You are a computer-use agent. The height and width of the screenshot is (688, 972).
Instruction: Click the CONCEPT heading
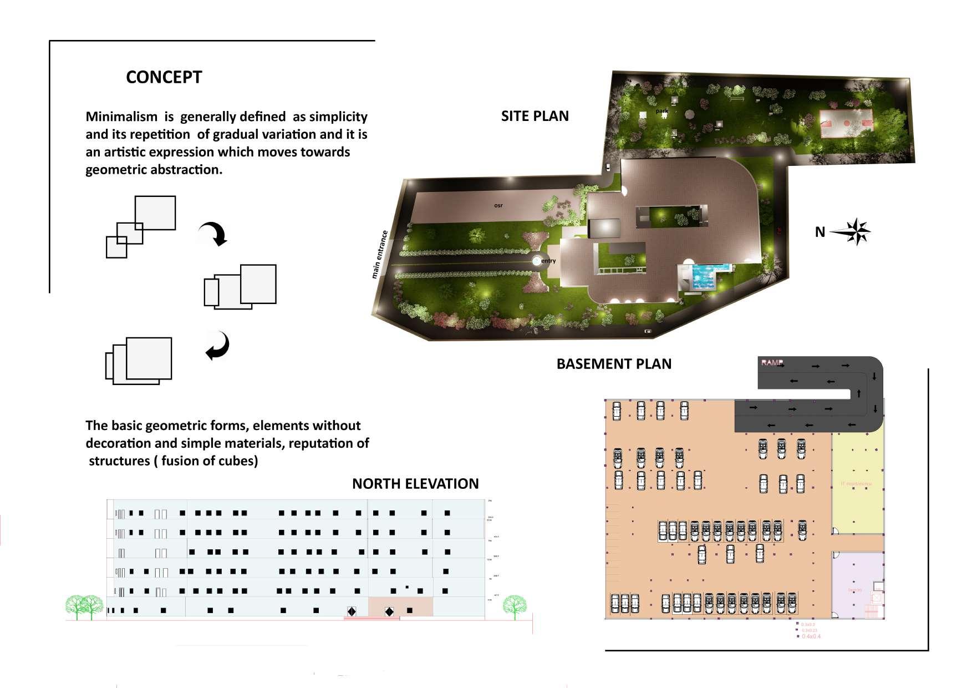[164, 77]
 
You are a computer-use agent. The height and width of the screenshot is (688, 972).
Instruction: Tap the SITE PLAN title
[535, 116]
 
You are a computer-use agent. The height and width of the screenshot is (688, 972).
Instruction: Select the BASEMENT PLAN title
[614, 364]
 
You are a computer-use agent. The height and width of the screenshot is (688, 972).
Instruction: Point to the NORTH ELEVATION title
[415, 484]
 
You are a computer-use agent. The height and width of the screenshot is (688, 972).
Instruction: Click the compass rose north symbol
[857, 231]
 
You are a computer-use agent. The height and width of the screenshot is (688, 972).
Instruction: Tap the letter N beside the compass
[820, 232]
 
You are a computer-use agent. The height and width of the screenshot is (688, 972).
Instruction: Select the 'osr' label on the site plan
[498, 205]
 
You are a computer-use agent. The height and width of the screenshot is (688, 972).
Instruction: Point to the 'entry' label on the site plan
[548, 261]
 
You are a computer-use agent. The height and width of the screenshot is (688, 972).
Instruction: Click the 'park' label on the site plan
[662, 111]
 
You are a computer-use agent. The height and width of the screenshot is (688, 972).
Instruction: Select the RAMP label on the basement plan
[772, 363]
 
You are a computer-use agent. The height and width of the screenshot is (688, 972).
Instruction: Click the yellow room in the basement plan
[857, 483]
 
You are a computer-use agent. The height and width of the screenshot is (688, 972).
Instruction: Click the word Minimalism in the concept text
[121, 117]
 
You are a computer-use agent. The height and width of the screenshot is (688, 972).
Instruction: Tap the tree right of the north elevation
[515, 606]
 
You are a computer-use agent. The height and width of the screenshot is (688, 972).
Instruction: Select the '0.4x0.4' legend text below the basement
[811, 636]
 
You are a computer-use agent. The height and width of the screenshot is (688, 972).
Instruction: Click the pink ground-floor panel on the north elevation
[400, 606]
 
